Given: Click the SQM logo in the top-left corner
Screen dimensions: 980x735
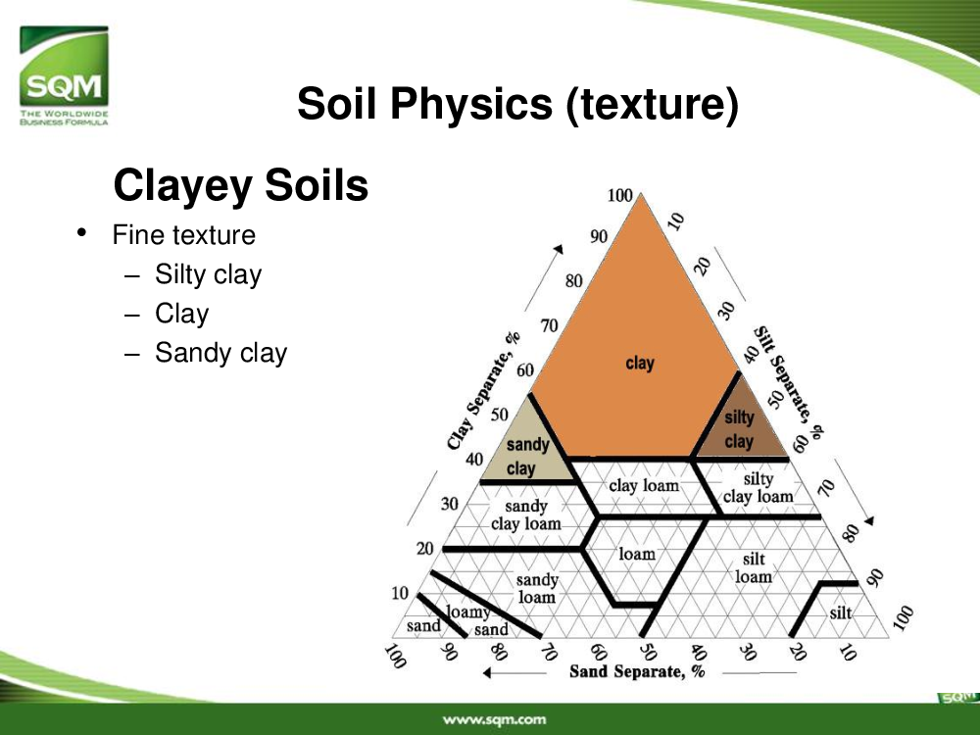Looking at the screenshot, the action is pos(64,75).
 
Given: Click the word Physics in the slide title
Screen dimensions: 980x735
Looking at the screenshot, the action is pos(471,103).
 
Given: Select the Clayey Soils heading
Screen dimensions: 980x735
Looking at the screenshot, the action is pos(241,185).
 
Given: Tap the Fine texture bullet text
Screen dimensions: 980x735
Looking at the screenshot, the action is pos(184,235).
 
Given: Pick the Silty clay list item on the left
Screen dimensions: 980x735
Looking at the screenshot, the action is pos(208,275).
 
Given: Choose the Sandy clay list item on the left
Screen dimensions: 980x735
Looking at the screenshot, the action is pos(220,353).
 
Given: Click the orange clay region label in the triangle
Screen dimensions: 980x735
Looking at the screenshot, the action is pos(639,364).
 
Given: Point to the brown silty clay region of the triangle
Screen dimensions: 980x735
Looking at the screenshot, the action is pos(740,425).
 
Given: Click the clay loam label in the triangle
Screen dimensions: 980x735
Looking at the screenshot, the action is pos(644,486).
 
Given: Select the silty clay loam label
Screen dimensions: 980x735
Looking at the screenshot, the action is pos(759,488).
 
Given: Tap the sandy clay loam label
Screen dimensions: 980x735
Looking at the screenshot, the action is pos(525,515).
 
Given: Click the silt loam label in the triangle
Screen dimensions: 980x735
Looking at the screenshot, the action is pos(753,567).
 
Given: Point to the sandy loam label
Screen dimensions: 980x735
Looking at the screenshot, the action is pos(537,589).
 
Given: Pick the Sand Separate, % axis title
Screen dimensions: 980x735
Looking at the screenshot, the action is pos(637,672).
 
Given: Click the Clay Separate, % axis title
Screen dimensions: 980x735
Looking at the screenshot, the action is pos(484,391).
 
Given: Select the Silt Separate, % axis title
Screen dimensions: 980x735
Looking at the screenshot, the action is pos(788,382).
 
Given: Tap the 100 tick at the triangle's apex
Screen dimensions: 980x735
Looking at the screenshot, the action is pos(620,196).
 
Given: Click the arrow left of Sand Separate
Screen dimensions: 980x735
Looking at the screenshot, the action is pos(515,673).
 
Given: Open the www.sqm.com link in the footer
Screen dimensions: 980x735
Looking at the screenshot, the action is pos(494,720).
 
